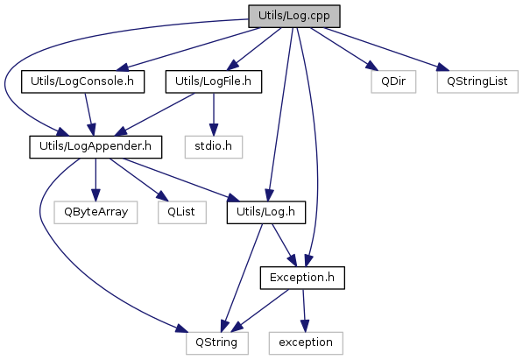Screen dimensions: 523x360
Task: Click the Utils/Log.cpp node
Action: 293,16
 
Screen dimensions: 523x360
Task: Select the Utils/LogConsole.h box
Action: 82,81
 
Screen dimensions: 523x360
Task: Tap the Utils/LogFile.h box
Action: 214,81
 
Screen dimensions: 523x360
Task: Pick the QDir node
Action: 393,81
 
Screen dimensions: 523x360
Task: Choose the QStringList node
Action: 477,81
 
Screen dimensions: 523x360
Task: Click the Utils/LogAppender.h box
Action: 95,147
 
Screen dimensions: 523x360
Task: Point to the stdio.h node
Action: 214,147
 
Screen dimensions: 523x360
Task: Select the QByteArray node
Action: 95,212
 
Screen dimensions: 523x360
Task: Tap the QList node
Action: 182,212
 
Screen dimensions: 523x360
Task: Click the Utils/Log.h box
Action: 265,212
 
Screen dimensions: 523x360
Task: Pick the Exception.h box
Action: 302,278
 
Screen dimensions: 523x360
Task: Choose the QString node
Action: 217,343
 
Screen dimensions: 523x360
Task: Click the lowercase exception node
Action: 306,343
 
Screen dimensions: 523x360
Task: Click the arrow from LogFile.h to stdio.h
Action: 214,114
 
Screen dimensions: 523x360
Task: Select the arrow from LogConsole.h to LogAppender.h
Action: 88,114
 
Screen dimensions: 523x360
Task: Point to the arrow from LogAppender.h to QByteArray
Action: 95,180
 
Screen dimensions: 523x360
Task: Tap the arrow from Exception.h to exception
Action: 304,310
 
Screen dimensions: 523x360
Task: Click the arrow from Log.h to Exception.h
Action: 284,245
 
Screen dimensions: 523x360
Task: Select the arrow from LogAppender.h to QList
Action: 138,180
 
